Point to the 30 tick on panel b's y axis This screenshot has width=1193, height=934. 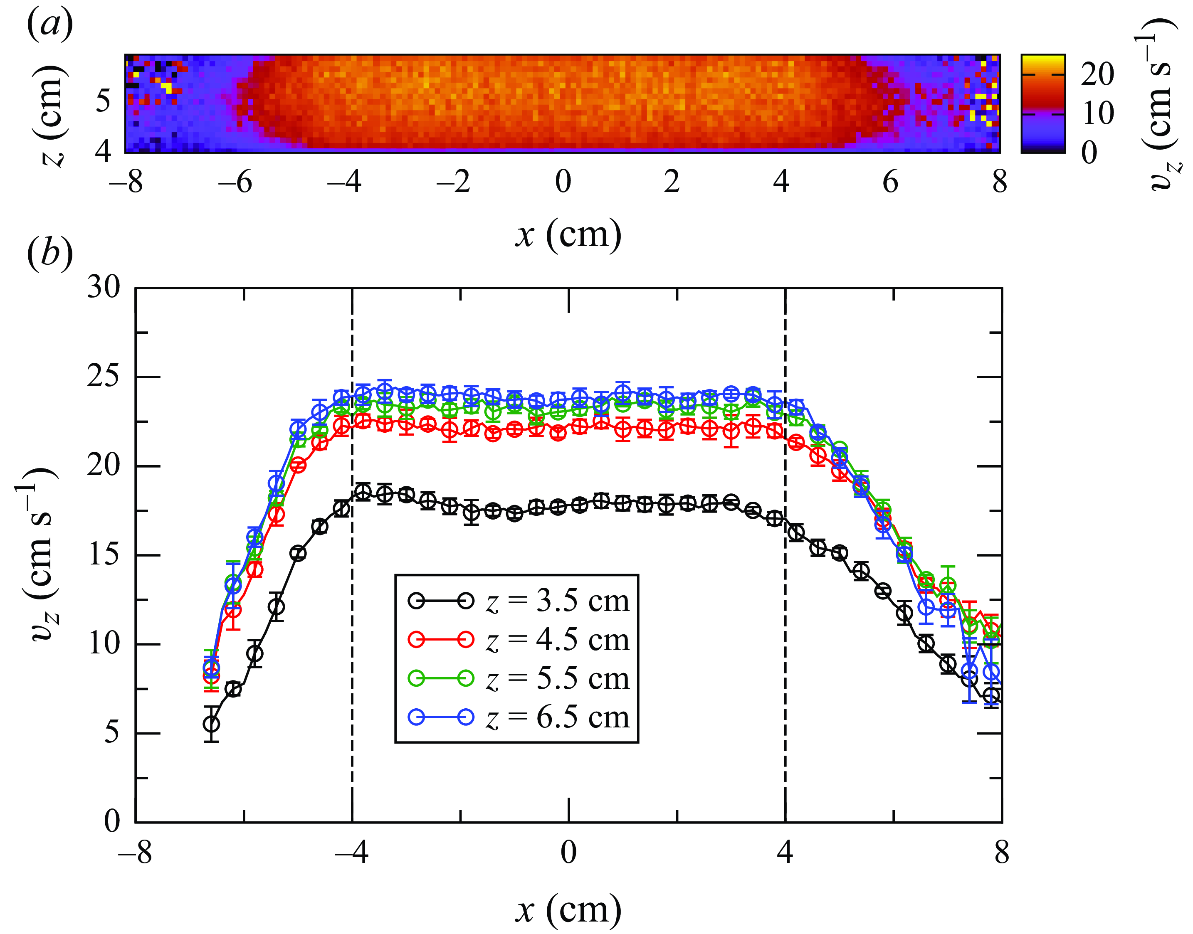(104, 287)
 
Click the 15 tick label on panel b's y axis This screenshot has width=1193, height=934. (104, 554)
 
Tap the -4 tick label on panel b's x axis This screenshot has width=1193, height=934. (351, 853)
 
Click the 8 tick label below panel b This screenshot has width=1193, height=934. (1001, 853)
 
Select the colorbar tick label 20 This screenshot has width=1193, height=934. (1097, 74)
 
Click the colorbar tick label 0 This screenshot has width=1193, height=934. (1089, 152)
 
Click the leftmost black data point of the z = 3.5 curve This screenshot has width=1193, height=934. (212, 724)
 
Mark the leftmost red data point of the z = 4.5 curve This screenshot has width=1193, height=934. (211, 676)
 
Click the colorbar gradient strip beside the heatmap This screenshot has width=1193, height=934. (1042, 104)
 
